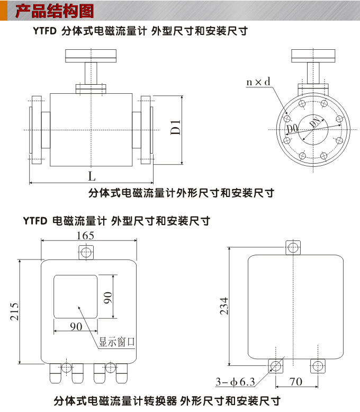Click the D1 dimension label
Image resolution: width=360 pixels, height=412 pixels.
click(x=177, y=128)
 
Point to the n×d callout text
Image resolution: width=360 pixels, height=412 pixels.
click(x=258, y=82)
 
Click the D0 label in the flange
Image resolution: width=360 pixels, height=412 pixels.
click(x=292, y=129)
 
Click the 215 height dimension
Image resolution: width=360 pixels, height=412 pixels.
click(x=14, y=312)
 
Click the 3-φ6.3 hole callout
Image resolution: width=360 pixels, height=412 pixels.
click(x=235, y=381)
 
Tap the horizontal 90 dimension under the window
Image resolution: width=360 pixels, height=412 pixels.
click(x=76, y=327)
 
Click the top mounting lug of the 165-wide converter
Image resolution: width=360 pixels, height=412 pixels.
click(x=86, y=250)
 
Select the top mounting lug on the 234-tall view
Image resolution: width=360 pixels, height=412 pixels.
click(x=293, y=247)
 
